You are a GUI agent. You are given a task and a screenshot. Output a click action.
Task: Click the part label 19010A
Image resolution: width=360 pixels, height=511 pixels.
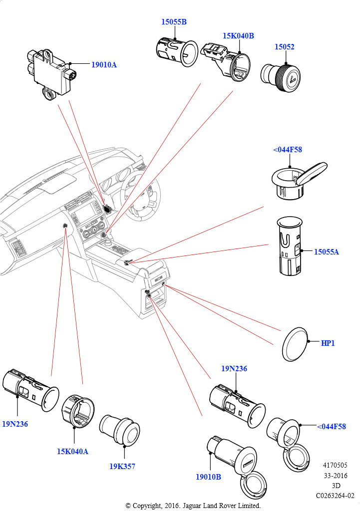[104, 65]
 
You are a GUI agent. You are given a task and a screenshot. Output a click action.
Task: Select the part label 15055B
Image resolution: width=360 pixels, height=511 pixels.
[174, 22]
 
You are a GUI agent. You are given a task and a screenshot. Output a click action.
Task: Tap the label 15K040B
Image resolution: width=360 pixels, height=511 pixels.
[238, 36]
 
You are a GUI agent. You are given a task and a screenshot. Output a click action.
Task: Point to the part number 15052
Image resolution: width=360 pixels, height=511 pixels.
[284, 47]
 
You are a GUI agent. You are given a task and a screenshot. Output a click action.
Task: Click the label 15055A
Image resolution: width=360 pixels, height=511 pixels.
[326, 252]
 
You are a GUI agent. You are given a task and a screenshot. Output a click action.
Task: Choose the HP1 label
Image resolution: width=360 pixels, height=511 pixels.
[328, 343]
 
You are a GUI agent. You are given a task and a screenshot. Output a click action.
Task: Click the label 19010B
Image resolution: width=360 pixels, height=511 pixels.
[208, 477]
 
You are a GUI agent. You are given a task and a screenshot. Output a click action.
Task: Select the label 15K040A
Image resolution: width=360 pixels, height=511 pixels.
[72, 451]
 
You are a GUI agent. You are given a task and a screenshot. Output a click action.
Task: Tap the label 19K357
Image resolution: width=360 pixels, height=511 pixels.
[122, 467]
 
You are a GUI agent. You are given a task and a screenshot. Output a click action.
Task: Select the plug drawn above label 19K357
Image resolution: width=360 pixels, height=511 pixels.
[120, 430]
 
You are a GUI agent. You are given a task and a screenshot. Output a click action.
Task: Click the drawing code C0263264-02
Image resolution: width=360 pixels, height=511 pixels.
[335, 496]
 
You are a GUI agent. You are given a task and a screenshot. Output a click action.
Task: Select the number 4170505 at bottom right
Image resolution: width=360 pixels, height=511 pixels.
[335, 465]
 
